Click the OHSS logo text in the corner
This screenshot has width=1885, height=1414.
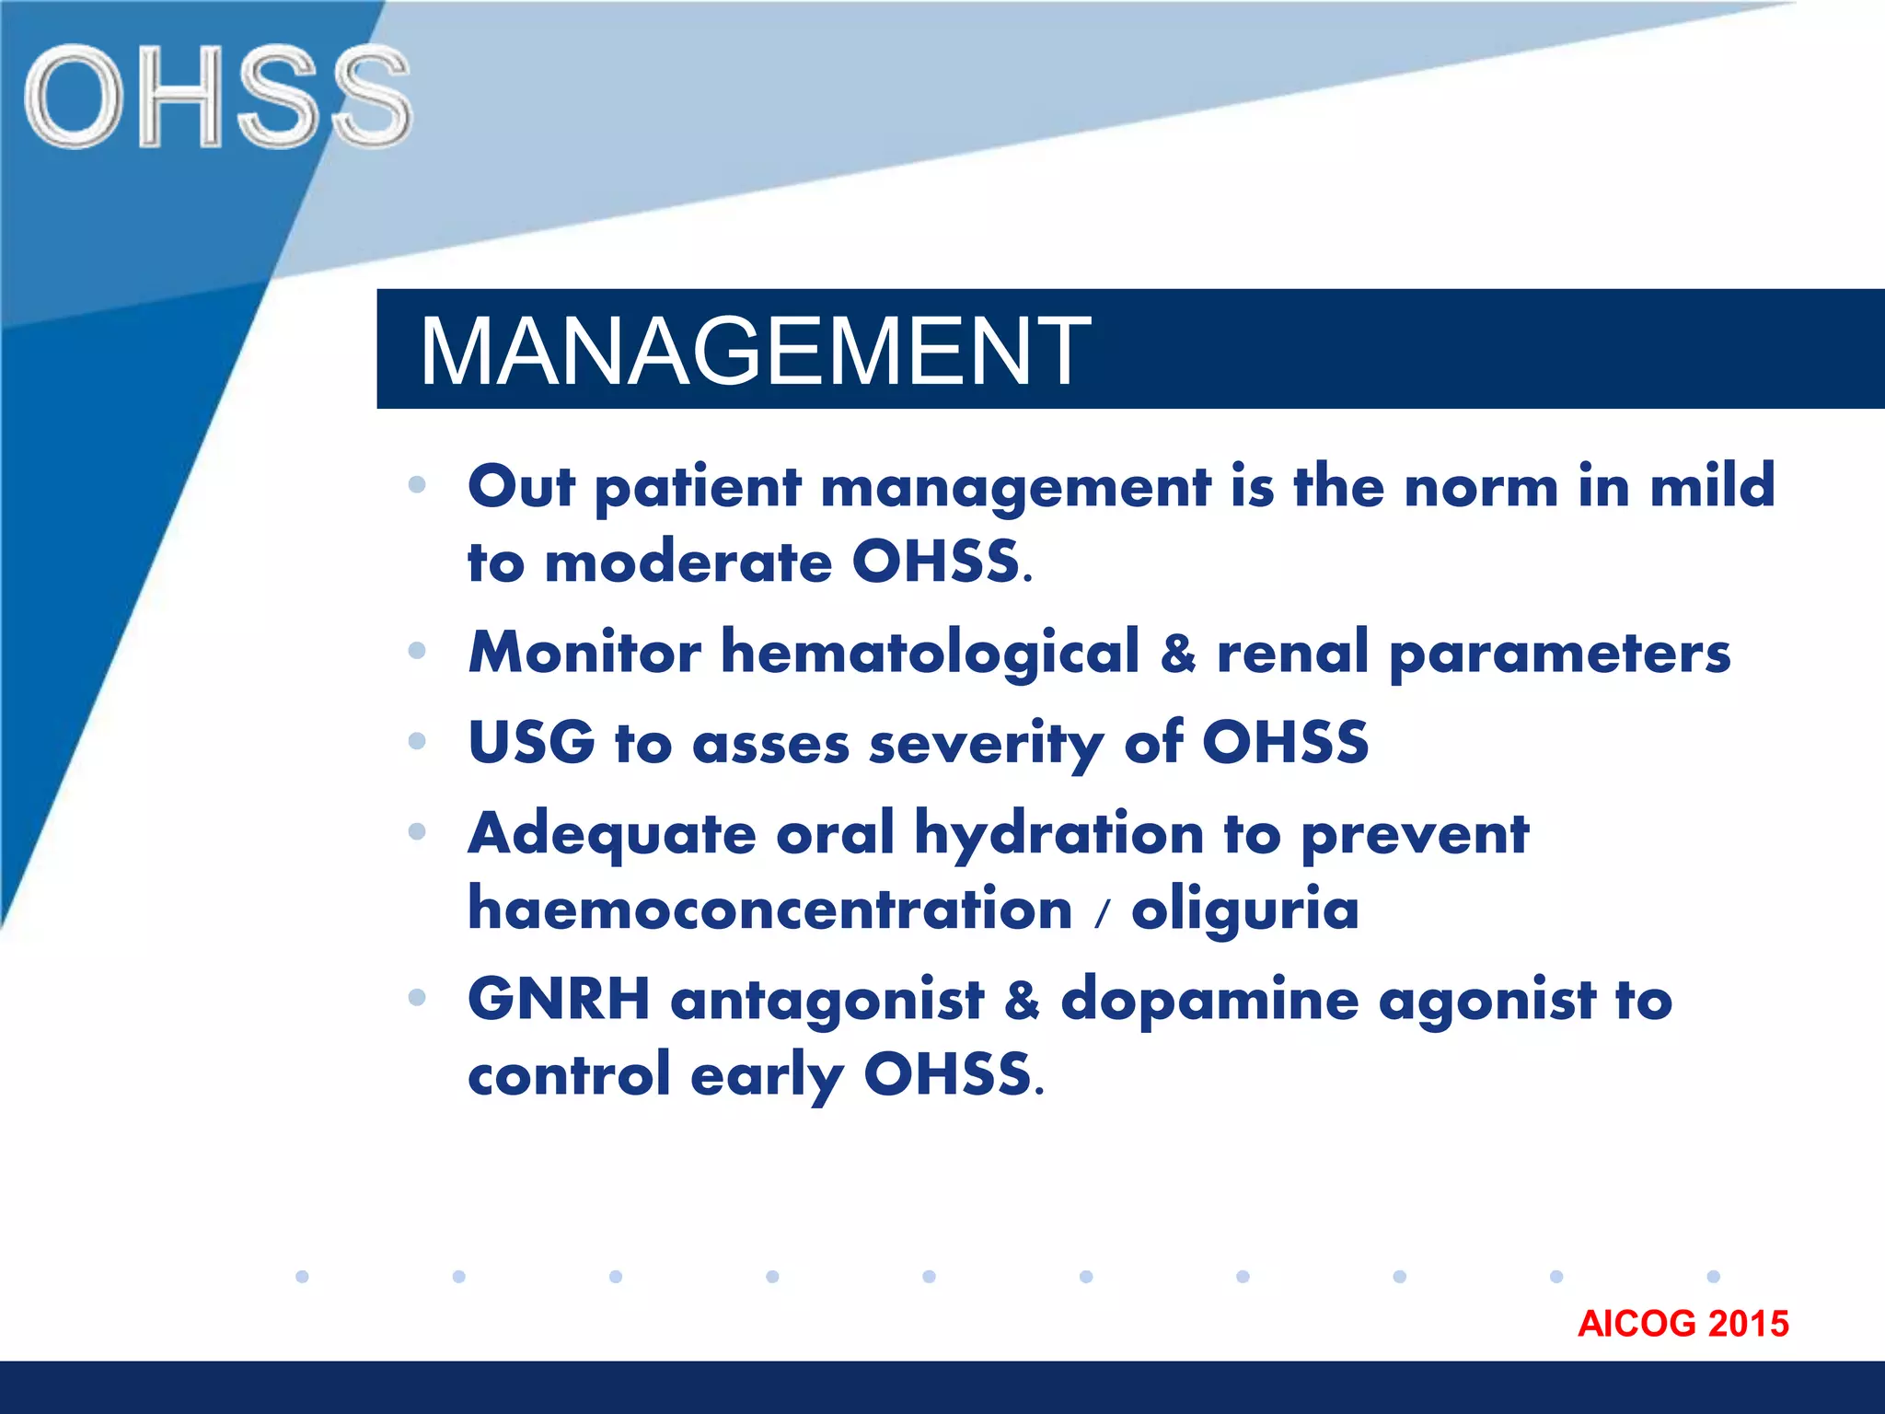click(217, 97)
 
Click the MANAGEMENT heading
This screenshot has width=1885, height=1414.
click(754, 351)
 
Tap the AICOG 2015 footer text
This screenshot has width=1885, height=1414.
click(1683, 1324)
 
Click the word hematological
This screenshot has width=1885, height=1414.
click(930, 652)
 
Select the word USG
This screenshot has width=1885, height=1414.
click(531, 742)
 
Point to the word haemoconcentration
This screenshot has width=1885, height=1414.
click(769, 909)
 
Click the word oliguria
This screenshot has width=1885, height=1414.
click(1244, 910)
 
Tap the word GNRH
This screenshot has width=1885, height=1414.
click(559, 999)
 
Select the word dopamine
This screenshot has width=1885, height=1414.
click(1209, 1000)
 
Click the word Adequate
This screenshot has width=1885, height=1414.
click(612, 833)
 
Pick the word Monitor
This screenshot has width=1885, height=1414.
click(584, 652)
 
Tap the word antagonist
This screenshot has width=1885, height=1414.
click(827, 1001)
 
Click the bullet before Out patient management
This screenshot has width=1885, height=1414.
click(417, 485)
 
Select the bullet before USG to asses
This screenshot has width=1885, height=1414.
click(417, 741)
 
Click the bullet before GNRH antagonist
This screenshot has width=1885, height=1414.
click(417, 997)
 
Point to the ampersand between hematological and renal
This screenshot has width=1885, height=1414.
click(1178, 653)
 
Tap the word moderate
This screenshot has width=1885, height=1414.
click(688, 562)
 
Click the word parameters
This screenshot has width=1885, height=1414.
click(1559, 654)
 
